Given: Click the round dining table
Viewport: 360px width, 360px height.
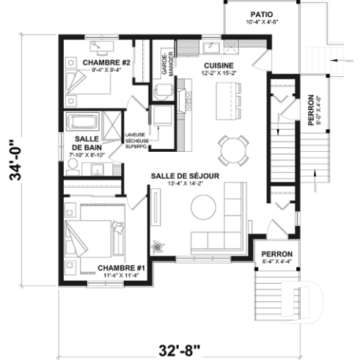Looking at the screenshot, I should [x=234, y=150].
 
